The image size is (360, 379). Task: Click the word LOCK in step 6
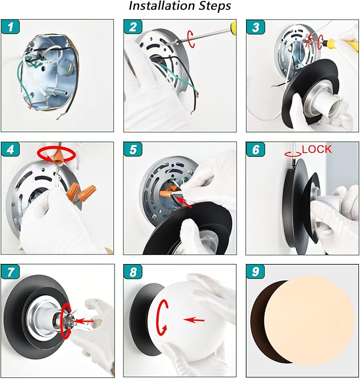click(317, 149)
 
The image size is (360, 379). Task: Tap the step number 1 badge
click(11, 27)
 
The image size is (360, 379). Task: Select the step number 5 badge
click(133, 149)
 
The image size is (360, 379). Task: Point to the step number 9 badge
click(256, 272)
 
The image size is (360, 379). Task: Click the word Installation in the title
click(162, 6)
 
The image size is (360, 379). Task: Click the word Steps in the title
click(215, 6)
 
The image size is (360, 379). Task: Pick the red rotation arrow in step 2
click(191, 39)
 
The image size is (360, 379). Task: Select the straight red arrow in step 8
click(194, 320)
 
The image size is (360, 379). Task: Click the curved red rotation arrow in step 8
click(161, 318)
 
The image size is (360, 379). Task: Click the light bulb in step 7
click(77, 321)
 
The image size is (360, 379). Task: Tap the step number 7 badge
click(11, 272)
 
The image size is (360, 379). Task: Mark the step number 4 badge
click(11, 149)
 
